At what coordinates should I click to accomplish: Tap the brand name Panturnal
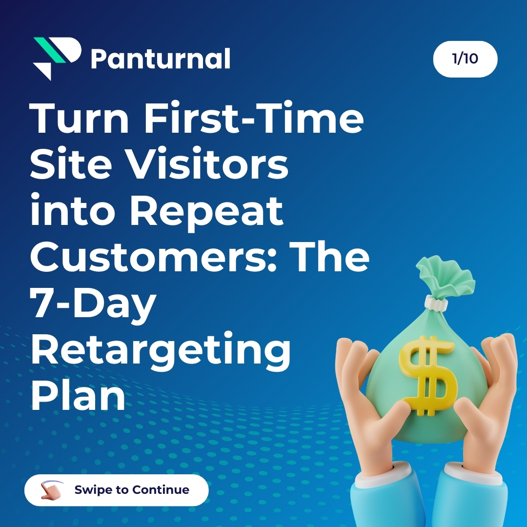(x=160, y=60)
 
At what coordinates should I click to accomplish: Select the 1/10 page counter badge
(x=465, y=59)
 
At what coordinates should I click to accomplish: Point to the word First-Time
(x=253, y=119)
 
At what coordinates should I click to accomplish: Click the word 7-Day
(x=93, y=304)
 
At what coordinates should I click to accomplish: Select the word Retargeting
(x=161, y=350)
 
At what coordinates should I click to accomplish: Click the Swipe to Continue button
(x=117, y=490)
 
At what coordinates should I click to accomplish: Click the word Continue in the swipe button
(x=161, y=490)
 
